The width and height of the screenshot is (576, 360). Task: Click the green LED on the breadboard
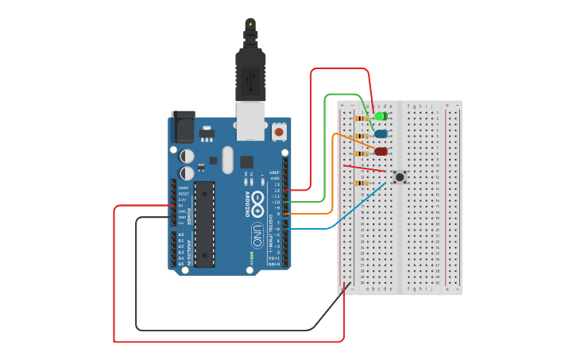381,117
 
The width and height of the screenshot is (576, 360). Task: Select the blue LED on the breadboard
381,134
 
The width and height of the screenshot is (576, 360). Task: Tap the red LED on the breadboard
381,151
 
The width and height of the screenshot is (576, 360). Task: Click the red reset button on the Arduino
279,130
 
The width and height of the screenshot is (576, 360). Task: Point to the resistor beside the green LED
361,118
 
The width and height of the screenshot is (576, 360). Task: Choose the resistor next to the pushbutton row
361,183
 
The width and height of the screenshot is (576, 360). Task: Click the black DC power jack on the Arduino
183,127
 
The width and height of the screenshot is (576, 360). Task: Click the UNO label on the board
257,235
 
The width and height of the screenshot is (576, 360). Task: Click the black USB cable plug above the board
250,72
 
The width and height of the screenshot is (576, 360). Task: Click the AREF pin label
274,172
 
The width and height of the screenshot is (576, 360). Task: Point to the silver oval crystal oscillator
228,160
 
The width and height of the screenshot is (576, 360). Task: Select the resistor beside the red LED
361,153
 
